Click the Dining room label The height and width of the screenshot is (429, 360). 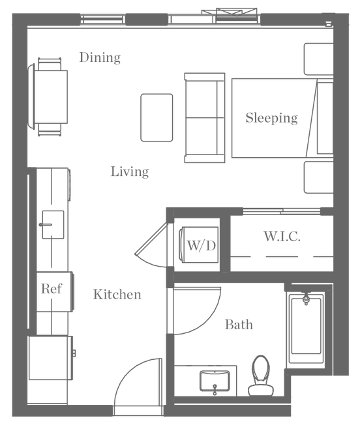pyautogui.click(x=100, y=58)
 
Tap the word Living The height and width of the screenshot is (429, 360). pyautogui.click(x=130, y=172)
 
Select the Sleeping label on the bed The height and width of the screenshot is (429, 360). pyautogui.click(x=271, y=118)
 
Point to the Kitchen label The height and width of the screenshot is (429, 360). pyautogui.click(x=117, y=295)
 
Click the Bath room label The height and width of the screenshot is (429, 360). pyautogui.click(x=239, y=325)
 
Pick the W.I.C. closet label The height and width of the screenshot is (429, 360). pyautogui.click(x=282, y=237)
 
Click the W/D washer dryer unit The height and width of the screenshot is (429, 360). pyautogui.click(x=199, y=244)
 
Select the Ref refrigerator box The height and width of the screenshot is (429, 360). pyautogui.click(x=55, y=291)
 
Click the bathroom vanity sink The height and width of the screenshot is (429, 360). pyautogui.click(x=215, y=381)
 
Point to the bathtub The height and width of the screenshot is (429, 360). pyautogui.click(x=306, y=327)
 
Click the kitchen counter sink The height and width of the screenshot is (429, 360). pyautogui.click(x=53, y=225)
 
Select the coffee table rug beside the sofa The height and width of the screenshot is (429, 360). pyautogui.click(x=157, y=117)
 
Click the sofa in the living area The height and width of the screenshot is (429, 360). pyautogui.click(x=205, y=118)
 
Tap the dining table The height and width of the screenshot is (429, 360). pyautogui.click(x=51, y=97)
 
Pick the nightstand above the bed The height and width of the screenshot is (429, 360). pyautogui.click(x=319, y=59)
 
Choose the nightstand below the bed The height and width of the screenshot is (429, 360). pyautogui.click(x=319, y=177)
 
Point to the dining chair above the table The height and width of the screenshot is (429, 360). pyautogui.click(x=50, y=64)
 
